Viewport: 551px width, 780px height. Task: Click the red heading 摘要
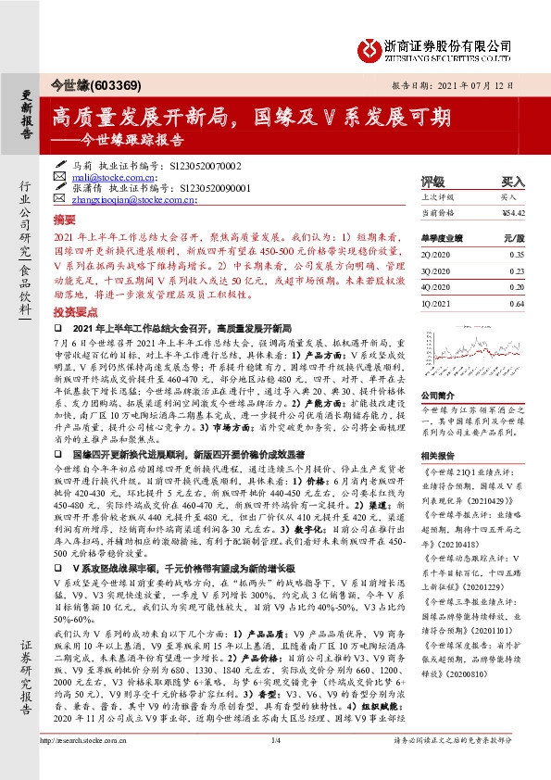tap(64, 222)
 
